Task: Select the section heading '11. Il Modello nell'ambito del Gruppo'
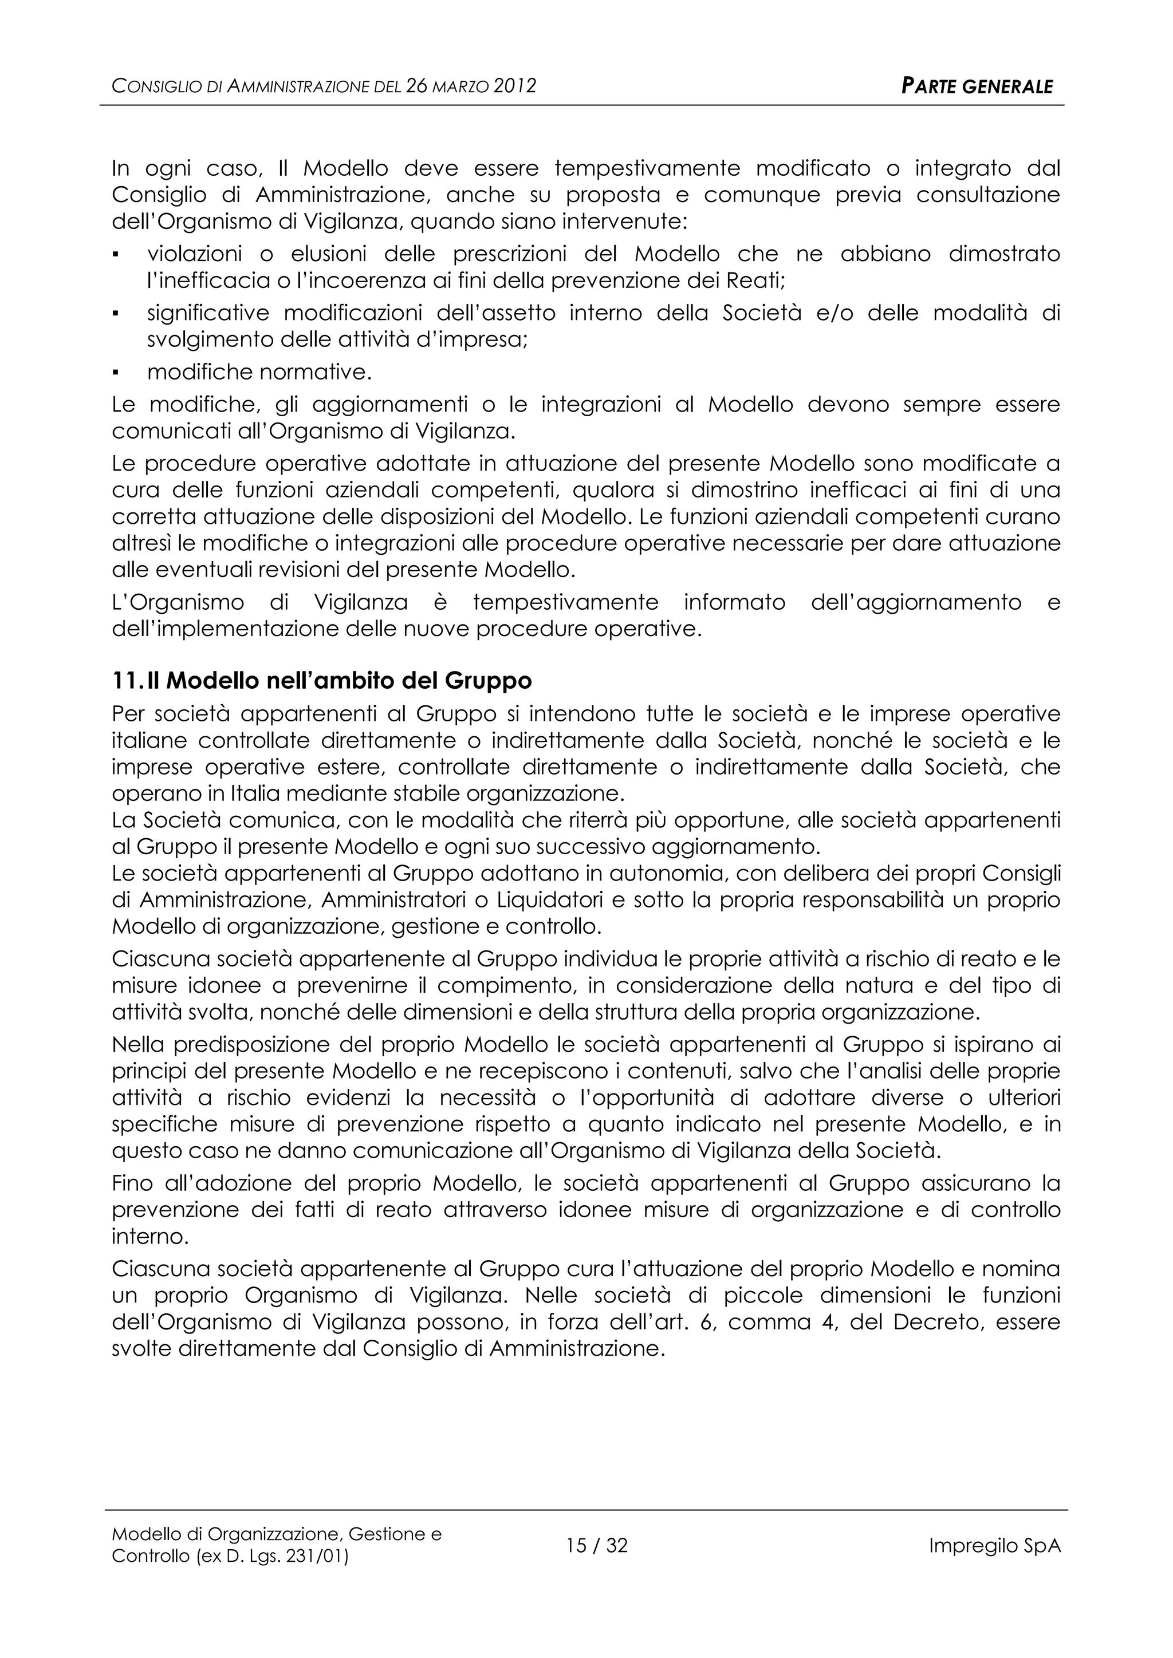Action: (322, 681)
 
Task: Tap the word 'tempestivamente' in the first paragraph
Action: (647, 169)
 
